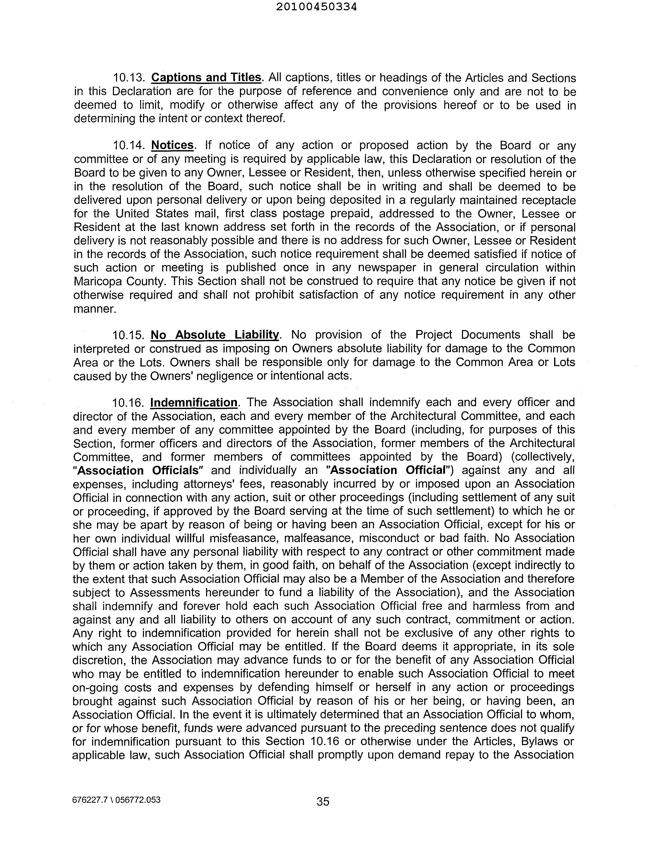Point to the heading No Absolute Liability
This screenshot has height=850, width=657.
215,335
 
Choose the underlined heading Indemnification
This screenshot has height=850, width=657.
194,402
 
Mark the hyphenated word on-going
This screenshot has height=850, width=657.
95,688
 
